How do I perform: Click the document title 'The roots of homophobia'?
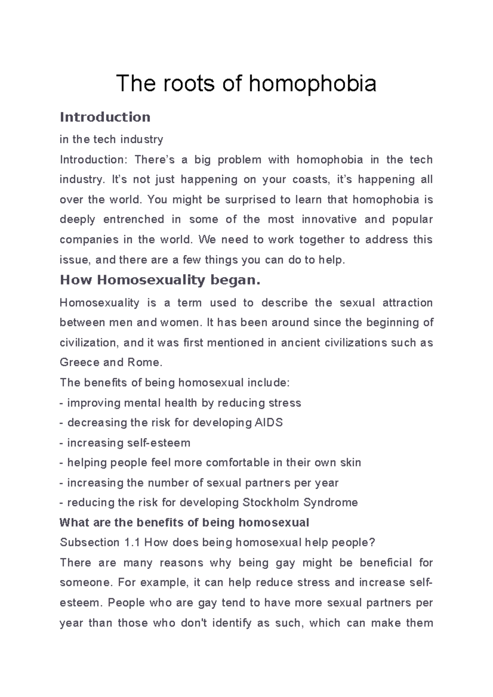(246, 84)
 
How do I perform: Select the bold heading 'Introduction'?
(105, 117)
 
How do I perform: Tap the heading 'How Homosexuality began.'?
(160, 280)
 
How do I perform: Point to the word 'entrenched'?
(134, 220)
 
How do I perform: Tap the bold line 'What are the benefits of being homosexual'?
(184, 523)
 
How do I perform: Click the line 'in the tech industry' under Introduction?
(111, 140)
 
